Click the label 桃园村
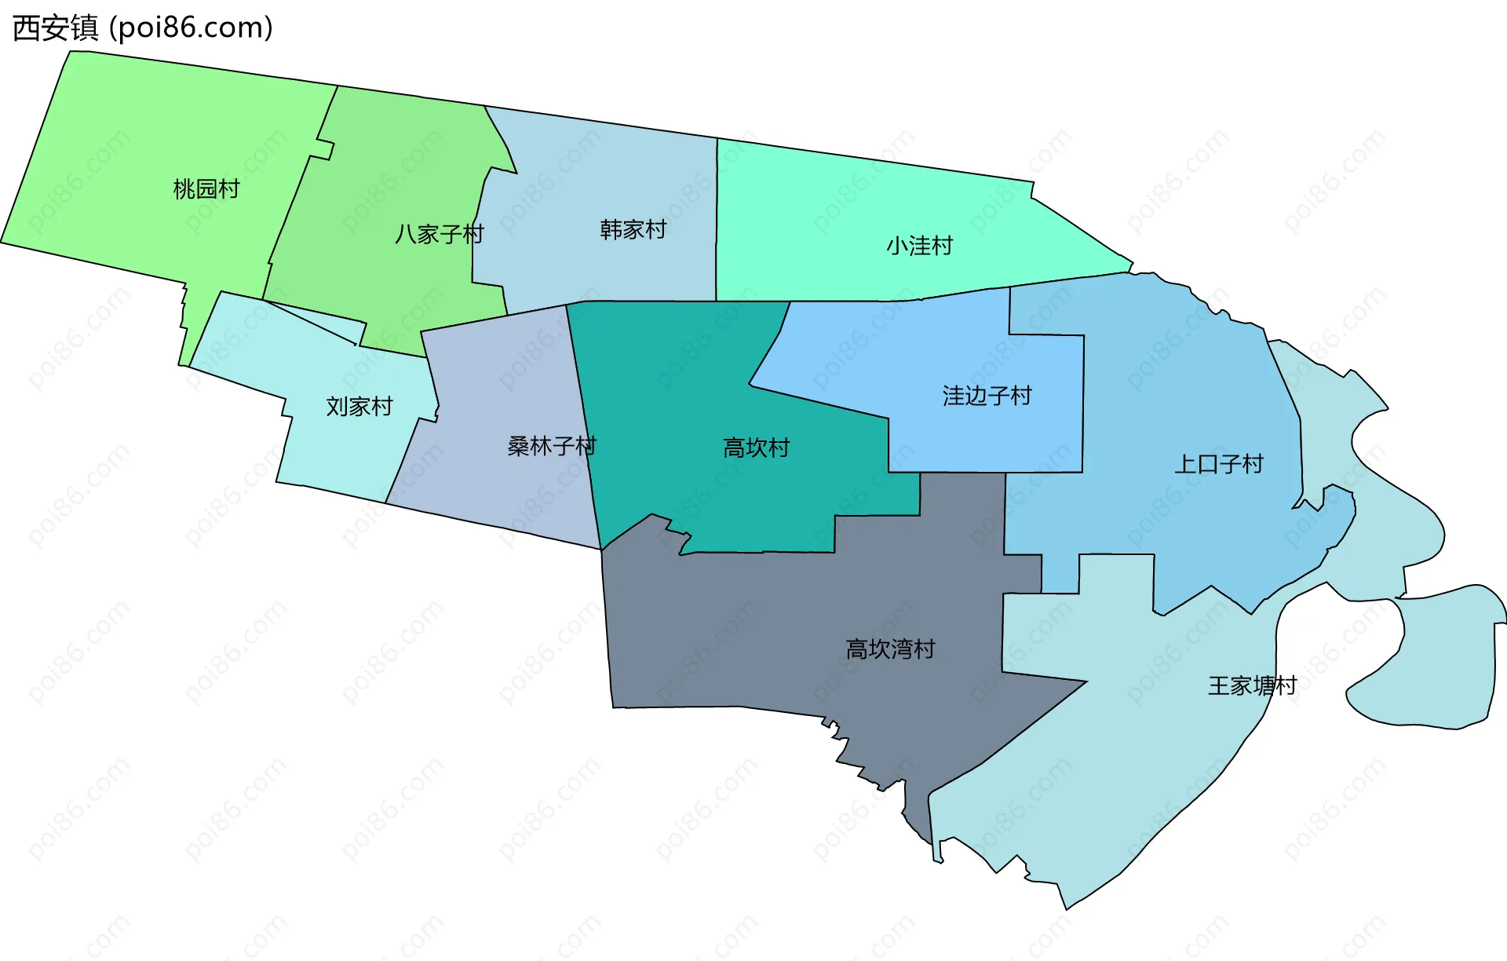tap(206, 189)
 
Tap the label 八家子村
tap(439, 234)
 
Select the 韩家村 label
tap(633, 229)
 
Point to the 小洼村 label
tap(919, 246)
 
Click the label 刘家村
tap(359, 407)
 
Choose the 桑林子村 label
tap(551, 446)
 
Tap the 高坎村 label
tap(756, 448)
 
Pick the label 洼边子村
tap(987, 396)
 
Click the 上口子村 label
tap(1218, 464)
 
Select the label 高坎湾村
tap(890, 649)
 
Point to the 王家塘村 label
tap(1252, 686)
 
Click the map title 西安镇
tap(56, 28)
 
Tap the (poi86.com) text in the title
tap(191, 28)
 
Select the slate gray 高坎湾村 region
tap(746, 628)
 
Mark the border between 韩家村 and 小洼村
tap(717, 220)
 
